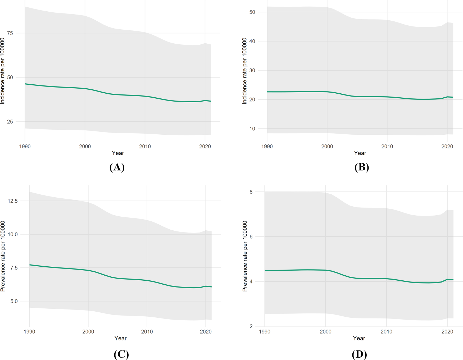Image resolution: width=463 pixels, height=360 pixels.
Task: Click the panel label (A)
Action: [x=117, y=167]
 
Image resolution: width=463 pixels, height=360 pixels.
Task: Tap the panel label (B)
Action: [x=361, y=167]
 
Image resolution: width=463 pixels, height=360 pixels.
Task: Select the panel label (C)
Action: [x=121, y=354]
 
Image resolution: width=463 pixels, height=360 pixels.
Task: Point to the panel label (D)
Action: [x=359, y=354]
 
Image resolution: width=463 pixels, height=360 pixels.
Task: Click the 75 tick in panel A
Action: [x=10, y=33]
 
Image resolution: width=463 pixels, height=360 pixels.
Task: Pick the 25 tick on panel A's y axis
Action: [x=10, y=122]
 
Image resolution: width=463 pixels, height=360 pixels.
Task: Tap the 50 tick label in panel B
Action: [x=252, y=12]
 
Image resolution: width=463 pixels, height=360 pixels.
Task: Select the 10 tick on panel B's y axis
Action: [x=252, y=129]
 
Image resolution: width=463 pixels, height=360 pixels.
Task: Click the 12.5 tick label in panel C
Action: [x=13, y=201]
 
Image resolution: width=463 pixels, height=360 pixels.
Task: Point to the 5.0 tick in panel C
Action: [x=13, y=301]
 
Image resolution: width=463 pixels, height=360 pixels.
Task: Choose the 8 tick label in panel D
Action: [x=251, y=192]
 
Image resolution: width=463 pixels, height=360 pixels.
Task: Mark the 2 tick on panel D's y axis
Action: [x=251, y=326]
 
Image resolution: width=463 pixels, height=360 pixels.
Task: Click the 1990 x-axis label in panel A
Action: [x=25, y=146]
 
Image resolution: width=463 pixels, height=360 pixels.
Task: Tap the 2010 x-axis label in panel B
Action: [x=387, y=146]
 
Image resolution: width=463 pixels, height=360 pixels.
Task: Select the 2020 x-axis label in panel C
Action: [x=206, y=332]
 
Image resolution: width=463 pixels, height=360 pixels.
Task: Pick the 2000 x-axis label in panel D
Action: [x=325, y=332]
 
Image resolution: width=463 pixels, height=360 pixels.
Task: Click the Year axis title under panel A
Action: [x=118, y=153]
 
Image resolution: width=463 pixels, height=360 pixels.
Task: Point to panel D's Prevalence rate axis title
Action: [x=245, y=256]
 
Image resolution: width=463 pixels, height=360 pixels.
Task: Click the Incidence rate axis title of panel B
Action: [x=244, y=71]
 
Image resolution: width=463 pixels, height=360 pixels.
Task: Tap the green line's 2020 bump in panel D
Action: [x=447, y=279]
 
